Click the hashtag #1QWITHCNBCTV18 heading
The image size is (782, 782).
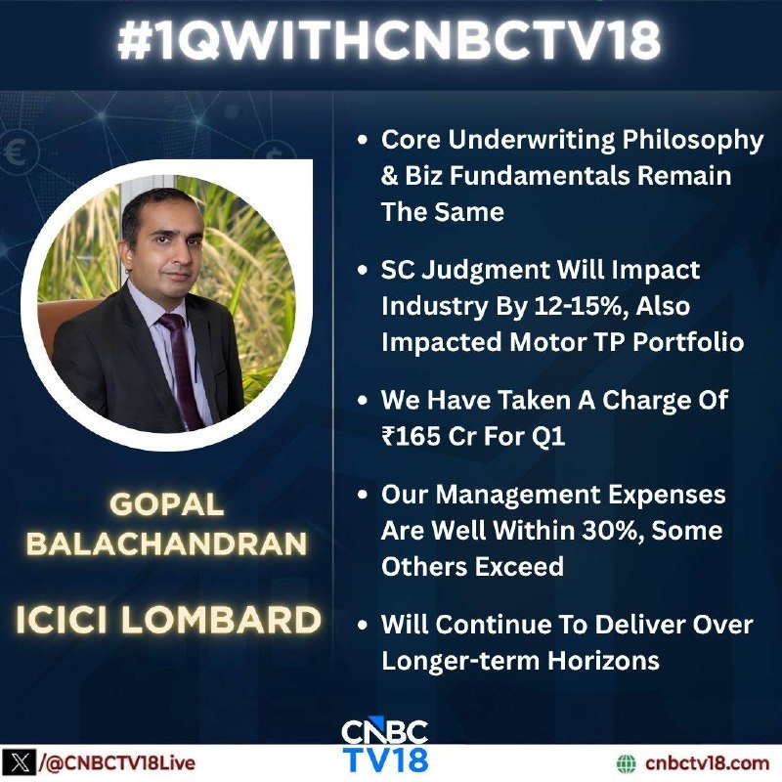389,40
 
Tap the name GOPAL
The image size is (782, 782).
166,504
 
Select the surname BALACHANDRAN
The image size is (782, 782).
166,543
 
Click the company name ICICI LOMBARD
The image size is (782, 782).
168,620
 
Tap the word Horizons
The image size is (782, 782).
603,661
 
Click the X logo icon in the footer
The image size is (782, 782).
19,763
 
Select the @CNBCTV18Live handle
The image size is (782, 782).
117,763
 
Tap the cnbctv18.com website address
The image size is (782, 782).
707,763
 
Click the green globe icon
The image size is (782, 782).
627,763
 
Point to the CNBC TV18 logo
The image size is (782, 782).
385,747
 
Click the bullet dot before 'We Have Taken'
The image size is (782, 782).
363,401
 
